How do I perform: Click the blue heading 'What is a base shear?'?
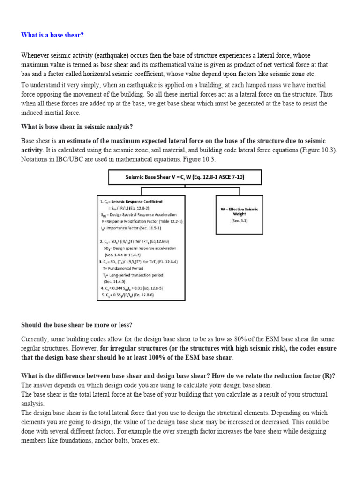point(52,36)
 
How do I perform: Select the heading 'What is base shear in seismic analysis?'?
point(77,127)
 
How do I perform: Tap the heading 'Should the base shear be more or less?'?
point(77,325)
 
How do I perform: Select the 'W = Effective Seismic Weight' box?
point(239,211)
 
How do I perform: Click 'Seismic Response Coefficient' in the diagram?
point(134,202)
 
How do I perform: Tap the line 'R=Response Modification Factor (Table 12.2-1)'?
point(142,221)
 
